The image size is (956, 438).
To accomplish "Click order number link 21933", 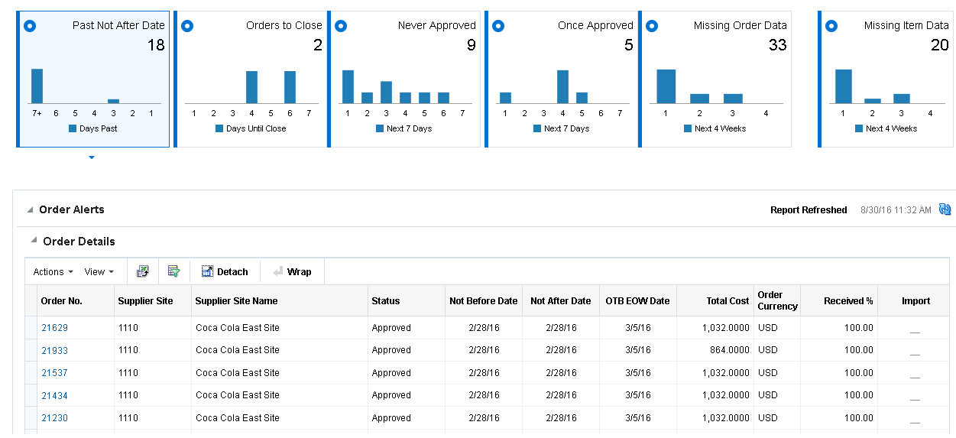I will [54, 350].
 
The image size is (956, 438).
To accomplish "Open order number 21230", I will [54, 418].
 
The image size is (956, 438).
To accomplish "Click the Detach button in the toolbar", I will [225, 271].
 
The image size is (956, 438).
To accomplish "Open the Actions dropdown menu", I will [53, 271].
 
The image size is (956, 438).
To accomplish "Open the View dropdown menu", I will [99, 271].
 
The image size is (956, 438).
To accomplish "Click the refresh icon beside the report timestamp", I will [945, 209].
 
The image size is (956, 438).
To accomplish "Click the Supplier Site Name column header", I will [236, 301].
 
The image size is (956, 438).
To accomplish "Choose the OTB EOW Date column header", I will [637, 301].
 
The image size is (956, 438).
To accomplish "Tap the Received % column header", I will [848, 301].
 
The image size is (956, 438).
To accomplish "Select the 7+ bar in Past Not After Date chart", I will [37, 86].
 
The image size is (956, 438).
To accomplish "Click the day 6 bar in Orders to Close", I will [290, 87].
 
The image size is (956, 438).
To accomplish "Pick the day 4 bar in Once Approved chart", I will [562, 86].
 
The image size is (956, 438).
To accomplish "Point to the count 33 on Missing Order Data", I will [777, 45].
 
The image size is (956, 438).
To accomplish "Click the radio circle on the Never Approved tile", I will [341, 26].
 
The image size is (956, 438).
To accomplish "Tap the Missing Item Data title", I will [906, 25].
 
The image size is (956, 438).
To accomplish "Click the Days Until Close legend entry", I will [255, 128].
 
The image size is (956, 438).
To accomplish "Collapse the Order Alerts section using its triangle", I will [30, 210].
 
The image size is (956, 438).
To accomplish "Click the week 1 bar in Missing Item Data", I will [843, 86].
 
